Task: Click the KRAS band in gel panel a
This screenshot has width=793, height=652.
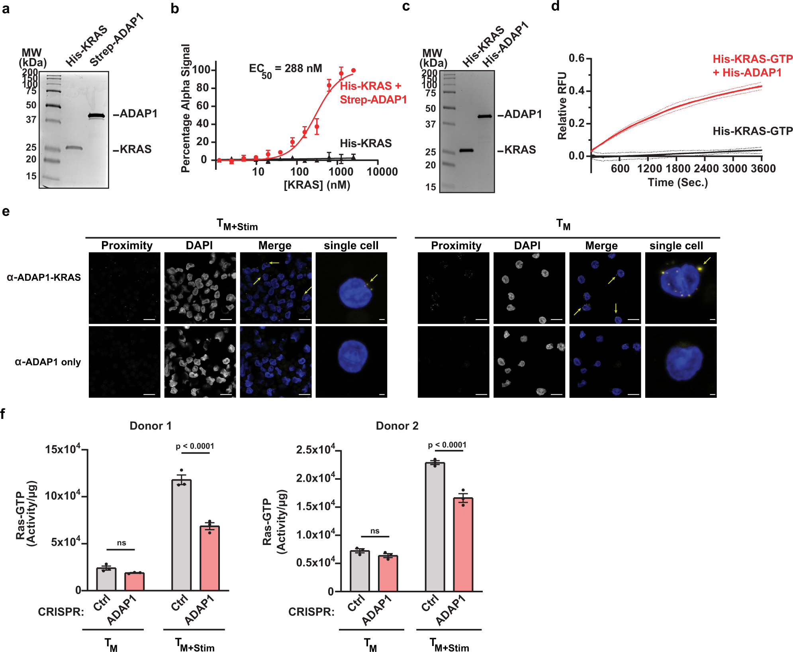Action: point(74,148)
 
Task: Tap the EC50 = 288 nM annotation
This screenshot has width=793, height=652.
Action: point(285,69)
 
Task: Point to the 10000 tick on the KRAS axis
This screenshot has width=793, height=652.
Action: point(382,172)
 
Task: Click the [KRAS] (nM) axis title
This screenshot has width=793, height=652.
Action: point(317,185)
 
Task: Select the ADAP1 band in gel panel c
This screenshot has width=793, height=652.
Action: point(484,117)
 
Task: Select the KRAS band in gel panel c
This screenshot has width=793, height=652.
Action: point(466,150)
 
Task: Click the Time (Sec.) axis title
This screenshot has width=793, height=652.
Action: point(677,183)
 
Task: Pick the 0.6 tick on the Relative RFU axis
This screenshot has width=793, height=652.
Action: point(576,58)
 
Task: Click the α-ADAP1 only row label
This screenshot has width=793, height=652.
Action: point(48,362)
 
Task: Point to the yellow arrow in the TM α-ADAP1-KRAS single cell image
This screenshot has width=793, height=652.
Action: point(707,261)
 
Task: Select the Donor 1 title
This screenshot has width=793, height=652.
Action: point(151,426)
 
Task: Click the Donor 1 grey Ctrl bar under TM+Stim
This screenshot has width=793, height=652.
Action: point(181,535)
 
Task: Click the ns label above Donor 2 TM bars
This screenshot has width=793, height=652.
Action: point(375,531)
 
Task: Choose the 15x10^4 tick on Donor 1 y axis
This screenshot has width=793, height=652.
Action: point(63,450)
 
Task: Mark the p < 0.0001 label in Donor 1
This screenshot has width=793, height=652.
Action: point(195,446)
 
